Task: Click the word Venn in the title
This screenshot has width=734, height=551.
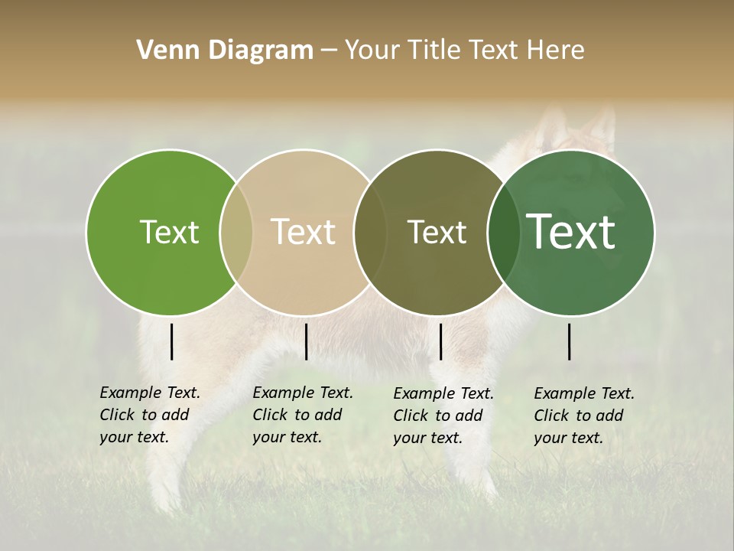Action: pyautogui.click(x=163, y=51)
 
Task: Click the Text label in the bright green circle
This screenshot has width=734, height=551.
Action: pyautogui.click(x=169, y=232)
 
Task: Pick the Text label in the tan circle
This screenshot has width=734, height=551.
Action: pyautogui.click(x=304, y=232)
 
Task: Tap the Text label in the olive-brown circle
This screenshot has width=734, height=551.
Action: pyautogui.click(x=437, y=232)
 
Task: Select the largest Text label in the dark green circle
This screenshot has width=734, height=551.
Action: pyautogui.click(x=571, y=232)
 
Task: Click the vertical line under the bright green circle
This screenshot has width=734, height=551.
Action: pyautogui.click(x=172, y=341)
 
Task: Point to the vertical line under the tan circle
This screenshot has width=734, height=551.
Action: pyautogui.click(x=306, y=341)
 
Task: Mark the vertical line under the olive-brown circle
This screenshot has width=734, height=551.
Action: pyautogui.click(x=441, y=341)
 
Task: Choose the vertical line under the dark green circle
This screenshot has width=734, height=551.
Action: pyautogui.click(x=570, y=341)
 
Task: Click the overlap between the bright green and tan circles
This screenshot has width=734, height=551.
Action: pyautogui.click(x=236, y=232)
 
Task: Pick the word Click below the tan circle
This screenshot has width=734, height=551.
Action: pyautogui.click(x=270, y=416)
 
